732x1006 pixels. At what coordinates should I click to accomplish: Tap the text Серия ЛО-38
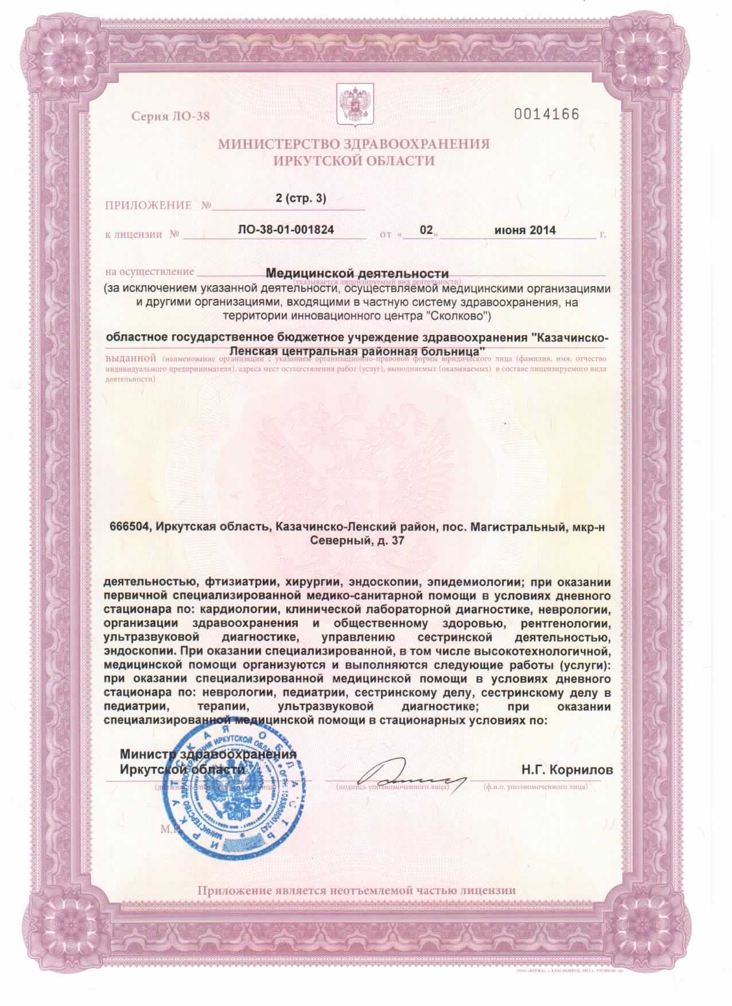pos(171,117)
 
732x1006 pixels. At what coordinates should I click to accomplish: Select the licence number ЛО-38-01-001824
pos(285,231)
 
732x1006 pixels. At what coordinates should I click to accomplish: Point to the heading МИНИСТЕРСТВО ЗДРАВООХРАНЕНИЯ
pos(354,144)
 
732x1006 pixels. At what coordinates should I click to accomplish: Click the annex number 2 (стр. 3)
pos(300,199)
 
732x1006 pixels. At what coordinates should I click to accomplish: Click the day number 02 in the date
pos(426,231)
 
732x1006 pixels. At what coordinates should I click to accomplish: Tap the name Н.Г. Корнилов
pos(567,769)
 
